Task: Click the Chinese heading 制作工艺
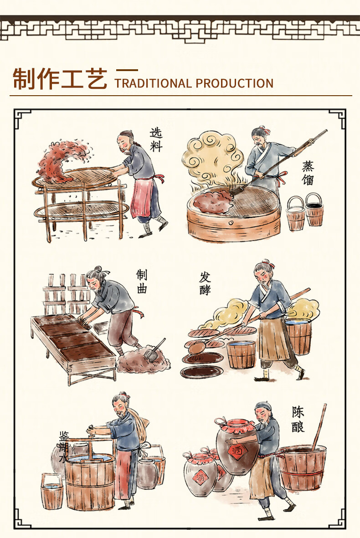click(60, 79)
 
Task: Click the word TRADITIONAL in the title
click(153, 83)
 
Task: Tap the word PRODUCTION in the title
click(234, 83)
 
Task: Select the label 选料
click(156, 139)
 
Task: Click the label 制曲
click(142, 281)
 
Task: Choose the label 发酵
click(205, 283)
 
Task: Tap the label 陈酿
click(298, 419)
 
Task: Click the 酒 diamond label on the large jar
click(238, 451)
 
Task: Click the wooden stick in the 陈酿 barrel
click(319, 426)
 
